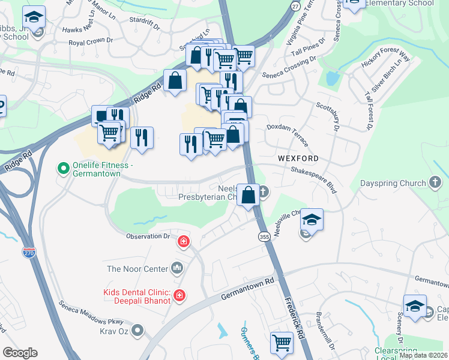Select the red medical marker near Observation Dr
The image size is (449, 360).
point(183,242)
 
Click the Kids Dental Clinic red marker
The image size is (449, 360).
point(179,295)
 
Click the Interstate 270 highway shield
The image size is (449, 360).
point(28,254)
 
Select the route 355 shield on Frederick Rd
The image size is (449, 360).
point(264,237)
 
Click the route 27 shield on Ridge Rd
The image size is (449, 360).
point(295,5)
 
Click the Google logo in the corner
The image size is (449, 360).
point(20,353)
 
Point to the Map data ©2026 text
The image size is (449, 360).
point(423,355)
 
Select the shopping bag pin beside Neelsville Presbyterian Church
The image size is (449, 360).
point(248,195)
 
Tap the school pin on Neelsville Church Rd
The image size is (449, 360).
point(312,220)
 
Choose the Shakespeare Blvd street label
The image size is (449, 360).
point(313,178)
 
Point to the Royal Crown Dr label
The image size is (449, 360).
point(91,41)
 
